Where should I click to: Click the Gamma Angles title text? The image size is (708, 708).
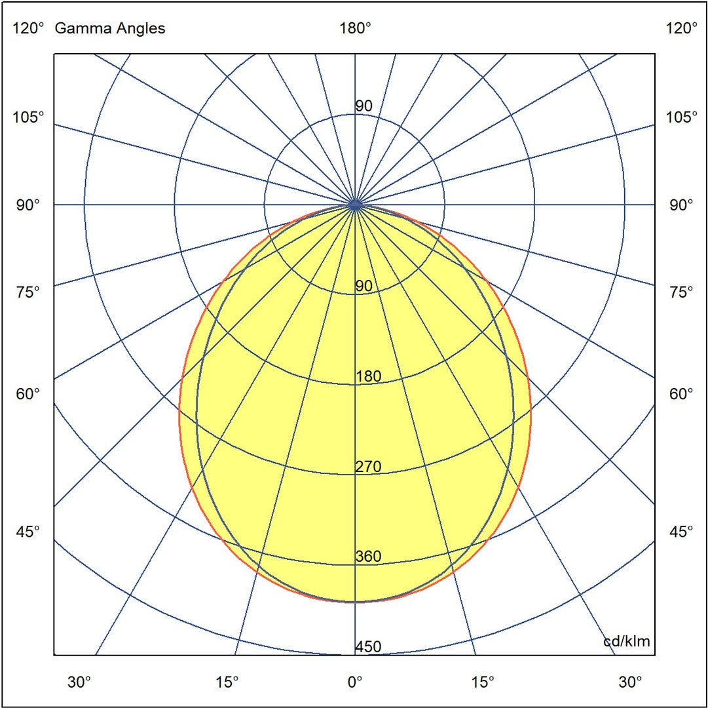click(110, 28)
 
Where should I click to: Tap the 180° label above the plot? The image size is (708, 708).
click(355, 28)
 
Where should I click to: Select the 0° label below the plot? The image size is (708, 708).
click(355, 682)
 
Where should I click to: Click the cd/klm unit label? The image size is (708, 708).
click(627, 641)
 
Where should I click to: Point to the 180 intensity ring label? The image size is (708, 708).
click(368, 376)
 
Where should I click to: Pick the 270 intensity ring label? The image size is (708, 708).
click(368, 467)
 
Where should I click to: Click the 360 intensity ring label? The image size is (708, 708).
click(368, 557)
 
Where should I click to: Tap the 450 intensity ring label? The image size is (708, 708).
click(368, 647)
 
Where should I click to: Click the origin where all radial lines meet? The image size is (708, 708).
click(355, 205)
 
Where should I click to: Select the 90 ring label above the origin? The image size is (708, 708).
click(364, 106)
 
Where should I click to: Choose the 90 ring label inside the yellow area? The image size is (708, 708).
click(364, 286)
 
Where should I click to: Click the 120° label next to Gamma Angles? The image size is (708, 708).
click(29, 28)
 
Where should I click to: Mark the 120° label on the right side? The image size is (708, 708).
click(682, 28)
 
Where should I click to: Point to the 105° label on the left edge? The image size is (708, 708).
click(29, 117)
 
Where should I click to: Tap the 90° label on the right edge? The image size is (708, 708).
click(682, 205)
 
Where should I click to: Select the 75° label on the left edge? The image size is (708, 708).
click(29, 292)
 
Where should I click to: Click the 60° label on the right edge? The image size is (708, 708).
click(682, 394)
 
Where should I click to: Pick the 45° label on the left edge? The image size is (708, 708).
click(29, 531)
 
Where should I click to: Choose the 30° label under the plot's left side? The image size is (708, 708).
click(79, 682)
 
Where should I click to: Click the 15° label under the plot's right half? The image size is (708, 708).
click(483, 682)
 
